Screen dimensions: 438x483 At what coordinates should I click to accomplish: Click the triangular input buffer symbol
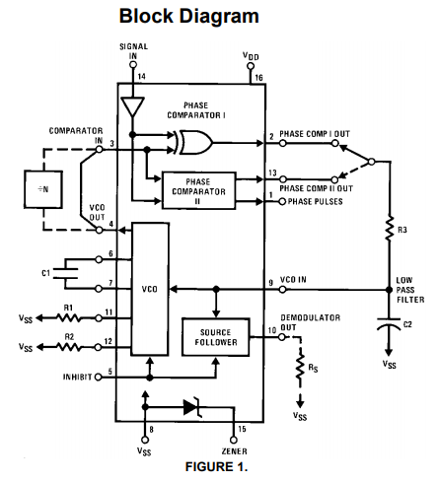click(132, 106)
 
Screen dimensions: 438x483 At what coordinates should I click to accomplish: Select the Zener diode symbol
click(191, 407)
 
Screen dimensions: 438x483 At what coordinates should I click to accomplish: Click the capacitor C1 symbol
click(66, 273)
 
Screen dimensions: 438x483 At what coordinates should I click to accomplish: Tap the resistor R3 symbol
click(390, 229)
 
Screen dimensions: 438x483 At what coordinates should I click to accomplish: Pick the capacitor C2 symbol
click(389, 324)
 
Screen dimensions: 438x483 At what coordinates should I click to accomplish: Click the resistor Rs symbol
click(300, 367)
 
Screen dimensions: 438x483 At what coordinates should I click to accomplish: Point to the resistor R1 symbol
click(68, 317)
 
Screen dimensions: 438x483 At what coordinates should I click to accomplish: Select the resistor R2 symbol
click(68, 347)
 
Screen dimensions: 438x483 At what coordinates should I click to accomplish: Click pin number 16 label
click(258, 78)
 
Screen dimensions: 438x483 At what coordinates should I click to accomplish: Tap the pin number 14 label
click(141, 76)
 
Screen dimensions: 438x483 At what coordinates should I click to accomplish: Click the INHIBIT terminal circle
click(98, 378)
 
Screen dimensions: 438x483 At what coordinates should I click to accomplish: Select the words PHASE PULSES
click(315, 201)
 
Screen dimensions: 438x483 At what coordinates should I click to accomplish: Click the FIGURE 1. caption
click(216, 466)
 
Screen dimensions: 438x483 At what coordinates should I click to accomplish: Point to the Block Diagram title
click(188, 16)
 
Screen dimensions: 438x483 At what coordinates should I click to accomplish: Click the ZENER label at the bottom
click(234, 451)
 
